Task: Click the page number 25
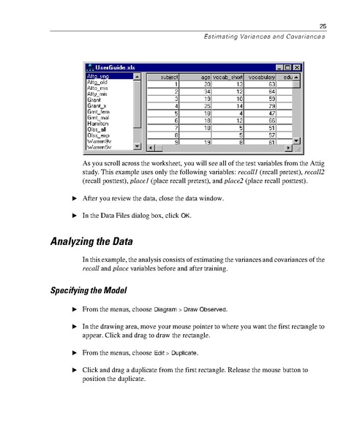(321, 26)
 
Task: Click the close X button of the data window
(297, 67)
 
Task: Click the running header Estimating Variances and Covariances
(264, 37)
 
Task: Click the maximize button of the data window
(288, 67)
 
